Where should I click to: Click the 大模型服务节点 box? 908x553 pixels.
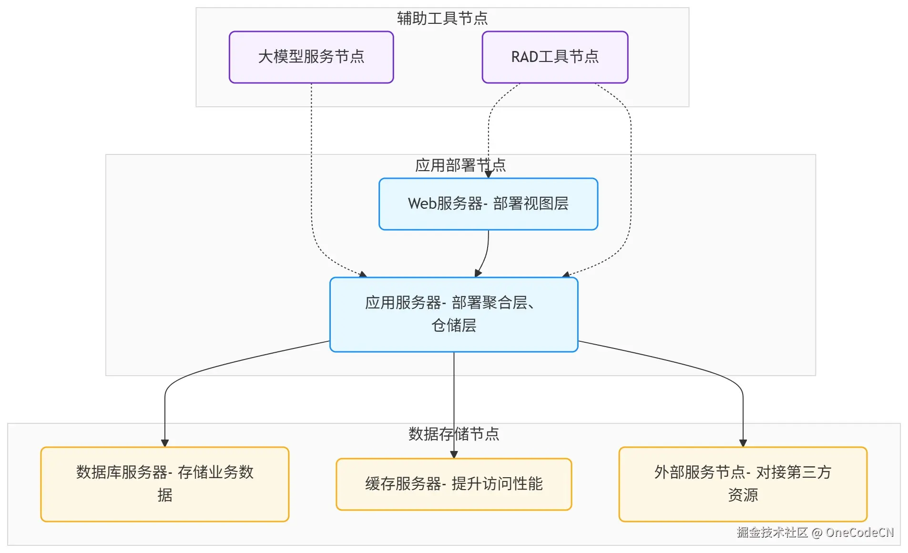(x=311, y=57)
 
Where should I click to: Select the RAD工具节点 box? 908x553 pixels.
(x=555, y=57)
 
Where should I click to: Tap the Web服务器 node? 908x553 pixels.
(x=488, y=204)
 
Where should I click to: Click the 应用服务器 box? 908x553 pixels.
(x=454, y=315)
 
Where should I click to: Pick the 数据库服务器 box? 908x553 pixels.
(x=165, y=484)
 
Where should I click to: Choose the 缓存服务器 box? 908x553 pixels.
(x=454, y=484)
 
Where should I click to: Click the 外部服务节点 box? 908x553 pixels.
(x=743, y=484)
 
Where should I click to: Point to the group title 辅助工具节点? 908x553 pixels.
(x=442, y=18)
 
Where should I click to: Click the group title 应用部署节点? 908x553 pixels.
(x=460, y=165)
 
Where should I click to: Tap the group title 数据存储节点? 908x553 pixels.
(x=454, y=434)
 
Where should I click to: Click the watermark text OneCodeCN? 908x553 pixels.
(x=859, y=533)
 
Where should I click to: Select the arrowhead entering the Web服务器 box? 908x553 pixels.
(x=488, y=174)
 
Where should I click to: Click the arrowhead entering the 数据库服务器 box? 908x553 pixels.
(x=165, y=443)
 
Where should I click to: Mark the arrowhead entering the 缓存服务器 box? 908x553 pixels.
(x=454, y=455)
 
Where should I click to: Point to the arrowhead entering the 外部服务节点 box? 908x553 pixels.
(x=743, y=443)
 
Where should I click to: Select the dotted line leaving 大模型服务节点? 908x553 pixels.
(x=311, y=167)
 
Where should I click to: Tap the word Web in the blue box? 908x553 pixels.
(x=422, y=204)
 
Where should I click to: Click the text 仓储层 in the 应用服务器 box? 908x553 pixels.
(x=454, y=326)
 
